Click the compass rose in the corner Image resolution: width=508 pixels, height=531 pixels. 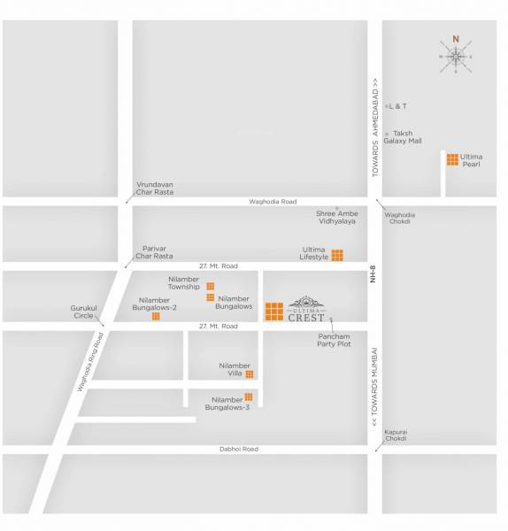point(456,56)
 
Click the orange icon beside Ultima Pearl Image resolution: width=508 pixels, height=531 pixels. point(452,160)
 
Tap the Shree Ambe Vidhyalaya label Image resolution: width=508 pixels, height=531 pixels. point(336,217)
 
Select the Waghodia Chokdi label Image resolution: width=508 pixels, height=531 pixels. point(400,219)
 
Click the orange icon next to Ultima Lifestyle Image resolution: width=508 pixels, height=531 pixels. point(337,256)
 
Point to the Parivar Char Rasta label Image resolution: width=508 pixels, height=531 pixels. point(155,252)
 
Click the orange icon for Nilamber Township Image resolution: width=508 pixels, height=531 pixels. point(211,287)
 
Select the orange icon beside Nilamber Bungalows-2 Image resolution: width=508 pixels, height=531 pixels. point(156,316)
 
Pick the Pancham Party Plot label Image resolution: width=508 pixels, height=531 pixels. point(335,340)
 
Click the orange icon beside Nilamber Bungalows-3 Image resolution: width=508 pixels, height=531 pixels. point(249,396)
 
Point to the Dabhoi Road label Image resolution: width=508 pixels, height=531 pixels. point(239,450)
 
